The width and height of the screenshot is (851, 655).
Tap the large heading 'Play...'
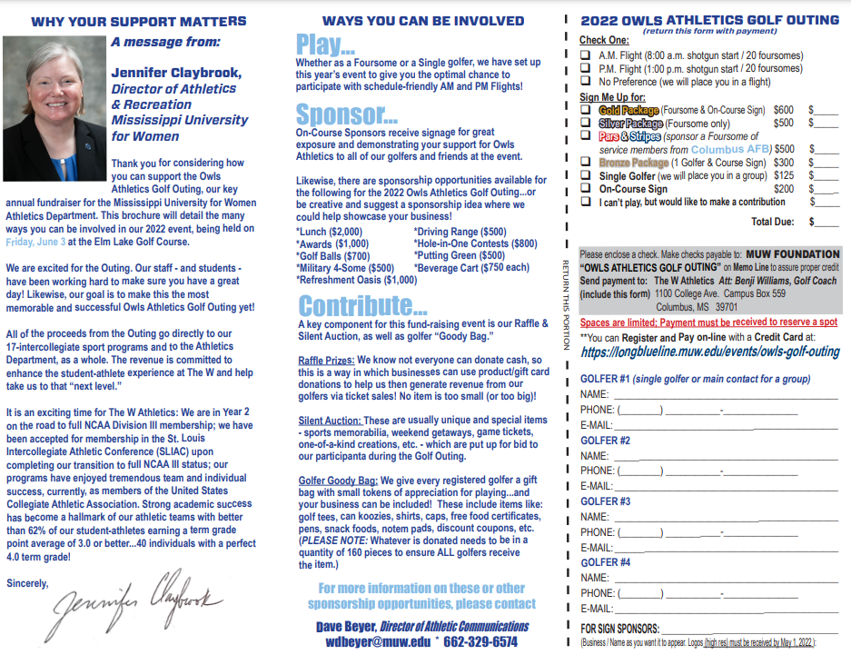(324, 45)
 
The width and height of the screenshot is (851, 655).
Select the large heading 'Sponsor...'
(346, 114)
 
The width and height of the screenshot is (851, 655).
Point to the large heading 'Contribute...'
(356, 305)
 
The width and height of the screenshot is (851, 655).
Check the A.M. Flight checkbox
(586, 55)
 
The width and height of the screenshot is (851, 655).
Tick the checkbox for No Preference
(586, 82)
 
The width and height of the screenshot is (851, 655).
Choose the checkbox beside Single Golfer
(586, 176)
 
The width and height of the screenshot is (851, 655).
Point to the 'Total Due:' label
(772, 221)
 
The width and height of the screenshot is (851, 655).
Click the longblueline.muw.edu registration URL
(709, 352)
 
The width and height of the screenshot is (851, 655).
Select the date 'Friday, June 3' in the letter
(35, 242)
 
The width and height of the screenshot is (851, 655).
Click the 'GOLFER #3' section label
(605, 501)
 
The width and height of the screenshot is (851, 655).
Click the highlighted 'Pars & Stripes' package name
(628, 136)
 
